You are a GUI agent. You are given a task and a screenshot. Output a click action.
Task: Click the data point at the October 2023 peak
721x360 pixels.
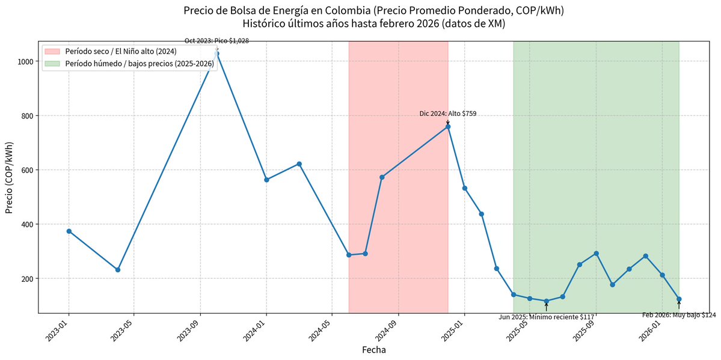click(216, 53)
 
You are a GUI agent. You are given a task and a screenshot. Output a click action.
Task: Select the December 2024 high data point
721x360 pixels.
click(448, 127)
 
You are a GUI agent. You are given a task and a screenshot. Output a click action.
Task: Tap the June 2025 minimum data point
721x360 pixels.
click(547, 301)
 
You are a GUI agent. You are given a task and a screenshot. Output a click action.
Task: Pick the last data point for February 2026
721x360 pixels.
click(679, 299)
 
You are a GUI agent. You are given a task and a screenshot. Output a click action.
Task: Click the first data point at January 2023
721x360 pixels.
click(69, 231)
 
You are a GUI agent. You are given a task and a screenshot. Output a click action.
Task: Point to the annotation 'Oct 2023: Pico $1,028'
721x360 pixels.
click(216, 41)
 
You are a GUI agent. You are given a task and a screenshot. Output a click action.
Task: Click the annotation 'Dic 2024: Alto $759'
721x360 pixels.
click(448, 114)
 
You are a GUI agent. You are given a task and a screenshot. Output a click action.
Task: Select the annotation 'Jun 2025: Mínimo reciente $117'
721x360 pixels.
click(547, 317)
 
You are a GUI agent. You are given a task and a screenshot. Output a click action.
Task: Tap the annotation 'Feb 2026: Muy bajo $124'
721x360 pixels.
click(679, 315)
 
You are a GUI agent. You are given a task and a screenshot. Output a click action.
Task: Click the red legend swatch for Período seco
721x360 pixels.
click(52, 51)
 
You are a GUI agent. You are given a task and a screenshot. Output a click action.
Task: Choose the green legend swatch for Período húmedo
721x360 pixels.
click(52, 63)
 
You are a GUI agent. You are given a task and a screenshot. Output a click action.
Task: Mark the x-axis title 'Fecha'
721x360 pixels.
click(373, 349)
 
